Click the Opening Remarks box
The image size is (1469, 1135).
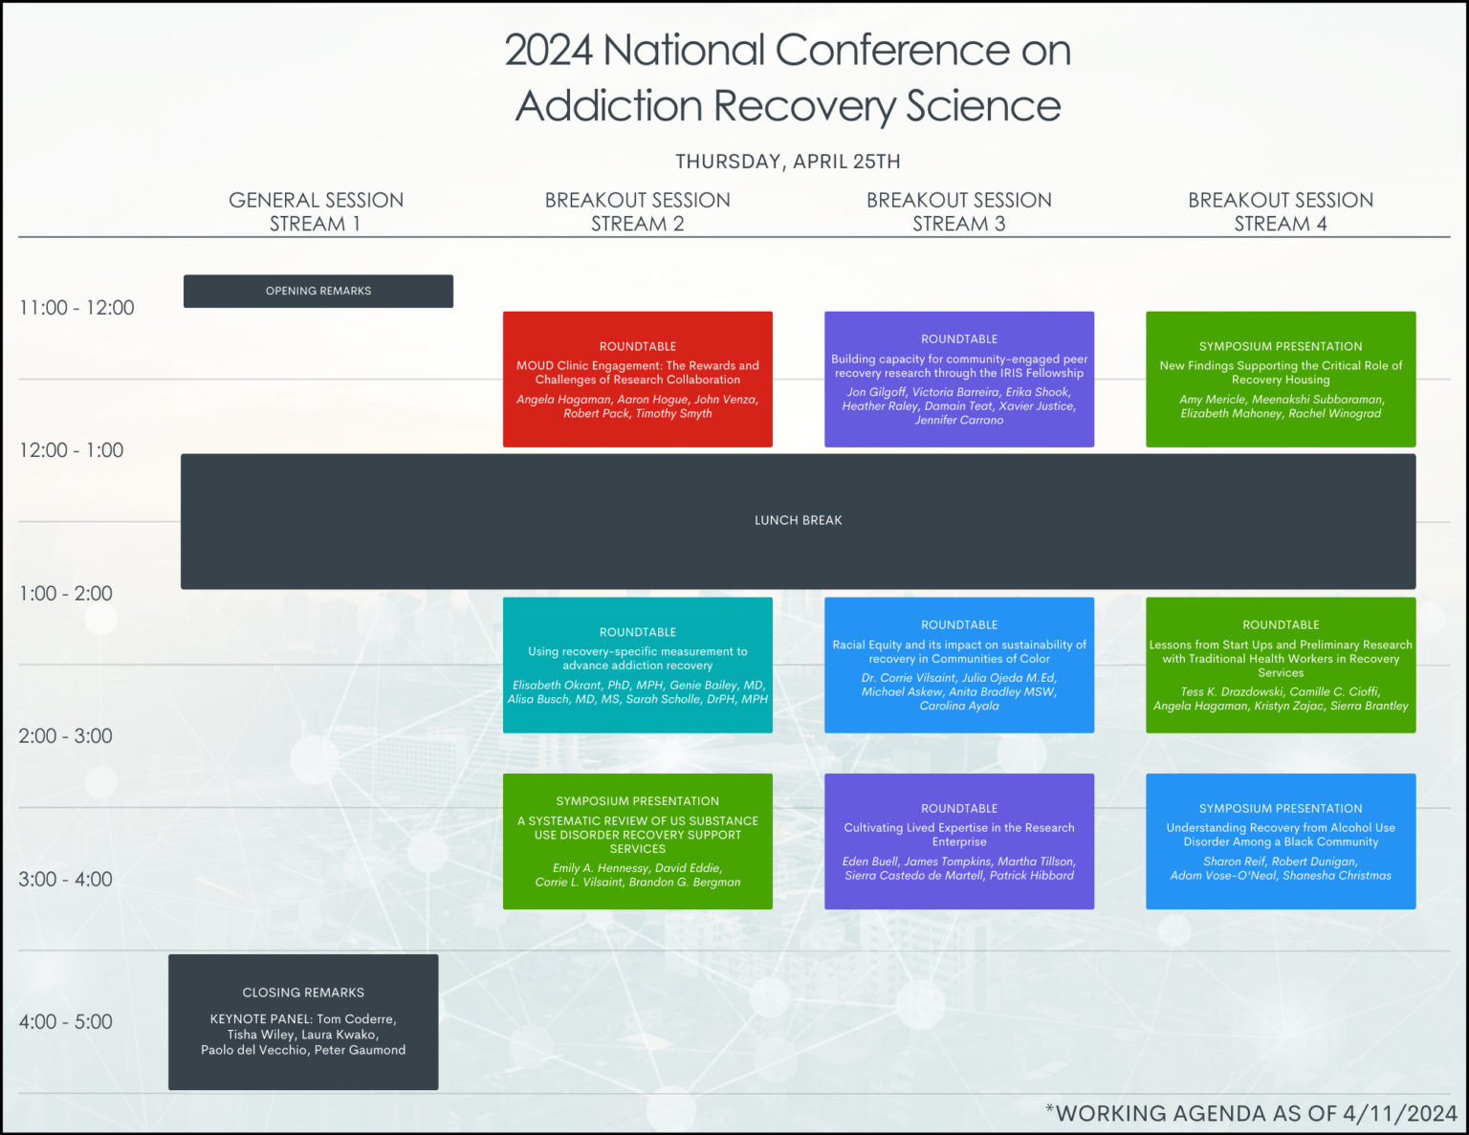318,292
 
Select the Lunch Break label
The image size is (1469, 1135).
798,521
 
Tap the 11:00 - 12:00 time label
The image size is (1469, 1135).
77,308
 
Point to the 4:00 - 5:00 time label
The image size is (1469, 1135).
65,1022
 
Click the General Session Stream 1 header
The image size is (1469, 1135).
316,211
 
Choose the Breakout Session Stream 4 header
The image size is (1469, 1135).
1281,211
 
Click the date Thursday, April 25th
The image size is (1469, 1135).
787,162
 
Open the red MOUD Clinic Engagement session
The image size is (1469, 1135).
638,380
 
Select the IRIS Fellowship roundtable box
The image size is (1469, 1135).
959,380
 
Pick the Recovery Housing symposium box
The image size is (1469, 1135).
1281,380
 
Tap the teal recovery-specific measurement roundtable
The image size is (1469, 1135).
638,666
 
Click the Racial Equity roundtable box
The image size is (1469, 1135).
959,666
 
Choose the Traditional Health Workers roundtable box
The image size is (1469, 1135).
1281,666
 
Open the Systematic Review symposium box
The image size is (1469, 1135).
638,841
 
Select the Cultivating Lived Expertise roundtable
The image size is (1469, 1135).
959,841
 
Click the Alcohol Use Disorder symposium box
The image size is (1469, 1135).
1281,841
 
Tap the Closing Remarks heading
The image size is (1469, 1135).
303,993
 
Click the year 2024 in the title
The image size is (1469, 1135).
548,51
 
